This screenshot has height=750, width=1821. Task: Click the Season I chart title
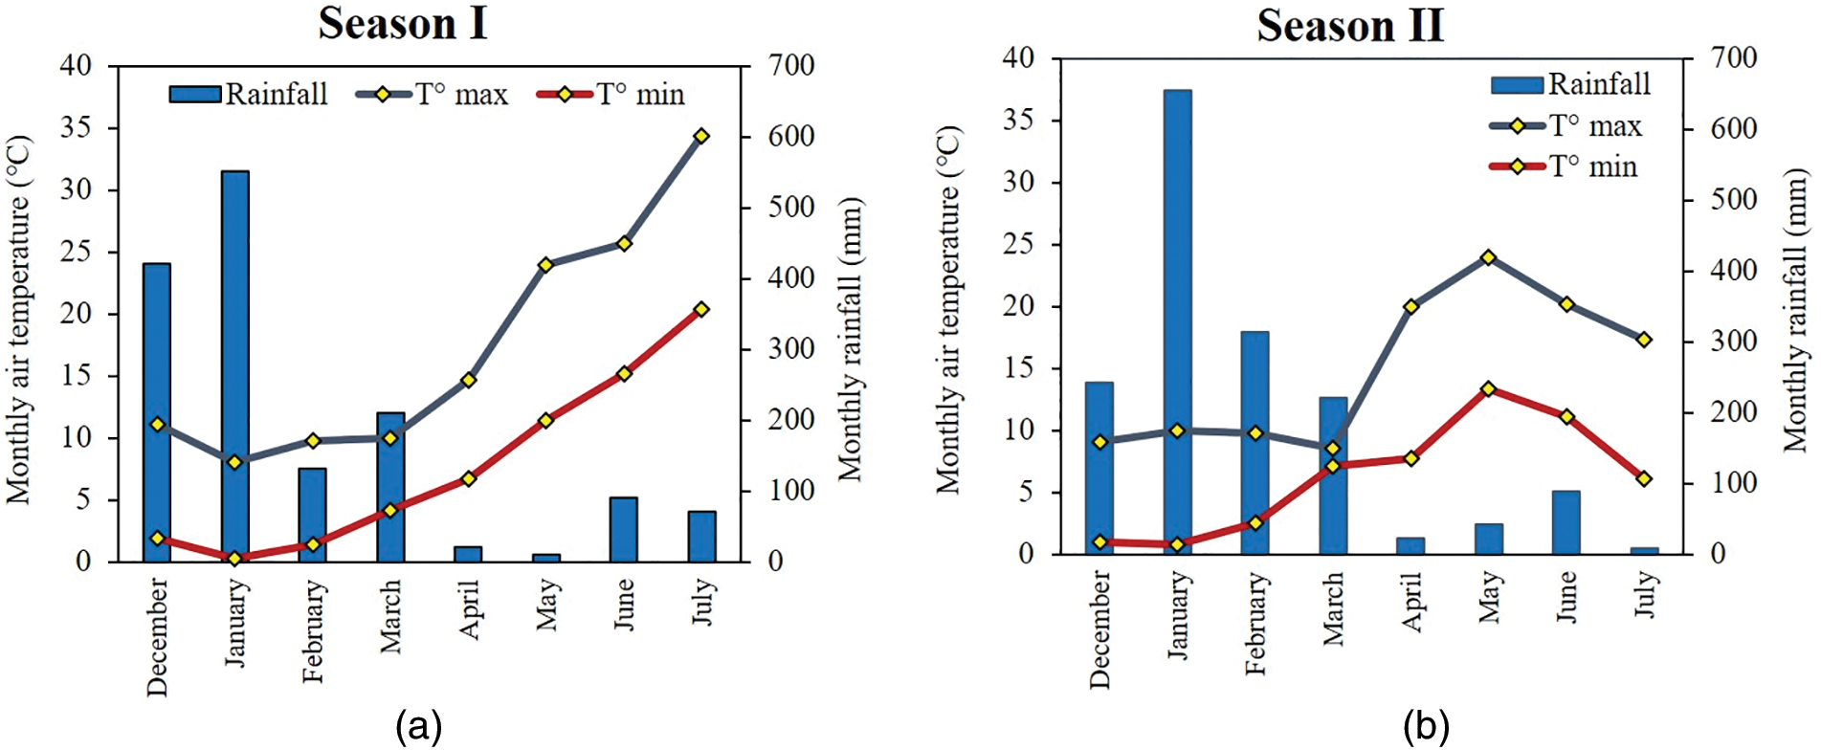(x=403, y=23)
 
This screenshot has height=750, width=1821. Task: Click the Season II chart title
(x=1349, y=25)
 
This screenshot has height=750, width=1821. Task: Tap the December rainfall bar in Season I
(x=157, y=412)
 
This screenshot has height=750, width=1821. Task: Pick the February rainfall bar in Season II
(x=1255, y=443)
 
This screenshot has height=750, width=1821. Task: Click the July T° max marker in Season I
(x=701, y=137)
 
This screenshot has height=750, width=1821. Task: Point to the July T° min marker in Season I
(x=701, y=310)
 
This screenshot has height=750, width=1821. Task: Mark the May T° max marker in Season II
(x=1488, y=258)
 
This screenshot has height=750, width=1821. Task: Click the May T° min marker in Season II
(x=1488, y=389)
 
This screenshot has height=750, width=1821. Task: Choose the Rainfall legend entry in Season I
(x=249, y=94)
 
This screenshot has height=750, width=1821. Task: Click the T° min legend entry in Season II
(x=1565, y=166)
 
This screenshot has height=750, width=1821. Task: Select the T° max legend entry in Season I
(x=433, y=94)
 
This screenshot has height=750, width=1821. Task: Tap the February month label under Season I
(x=314, y=631)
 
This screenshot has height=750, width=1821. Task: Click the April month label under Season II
(x=1411, y=603)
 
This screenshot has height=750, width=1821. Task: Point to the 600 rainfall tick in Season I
(x=791, y=137)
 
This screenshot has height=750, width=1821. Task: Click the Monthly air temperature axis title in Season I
(x=19, y=320)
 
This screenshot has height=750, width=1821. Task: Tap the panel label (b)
(x=1426, y=726)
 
